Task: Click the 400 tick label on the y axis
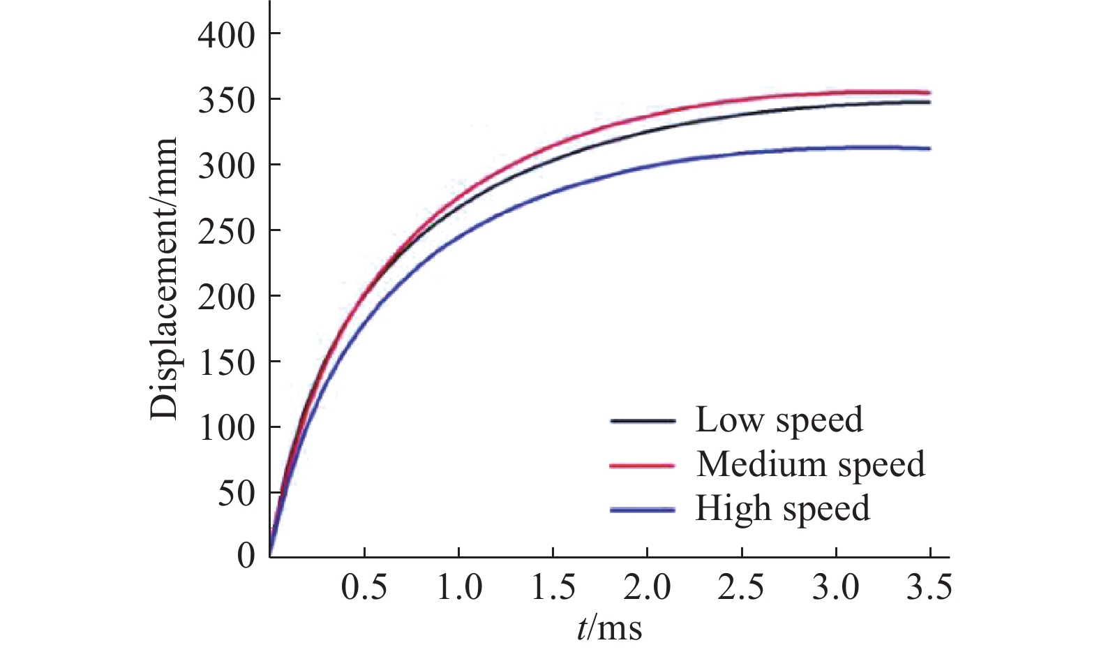(227, 35)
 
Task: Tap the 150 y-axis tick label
(227, 363)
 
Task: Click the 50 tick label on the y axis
(237, 494)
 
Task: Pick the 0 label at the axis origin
(246, 556)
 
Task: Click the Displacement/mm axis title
(165, 278)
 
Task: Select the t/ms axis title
(609, 628)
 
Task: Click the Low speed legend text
(779, 420)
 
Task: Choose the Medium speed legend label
(811, 464)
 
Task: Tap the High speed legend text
(782, 508)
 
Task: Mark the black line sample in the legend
(643, 421)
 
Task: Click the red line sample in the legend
(643, 465)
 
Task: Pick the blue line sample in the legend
(643, 510)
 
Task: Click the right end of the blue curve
(929, 149)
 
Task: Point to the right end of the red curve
(929, 92)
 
